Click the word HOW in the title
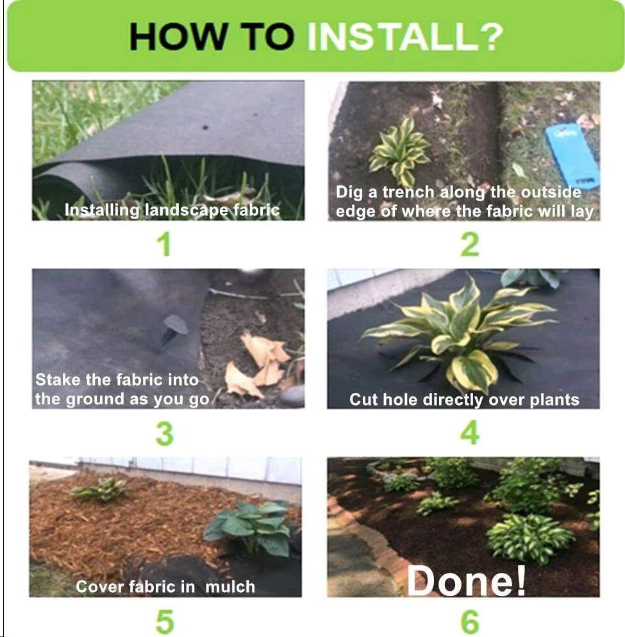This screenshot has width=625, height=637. pos(177,37)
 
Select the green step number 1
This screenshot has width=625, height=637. pos(164,245)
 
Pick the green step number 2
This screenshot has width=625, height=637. pos(470,245)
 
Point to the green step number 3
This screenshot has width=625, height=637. pos(165,434)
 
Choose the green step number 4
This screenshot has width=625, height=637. pos(470,433)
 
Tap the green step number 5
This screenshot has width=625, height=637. pos(165,622)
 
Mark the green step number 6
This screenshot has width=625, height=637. pos(470,622)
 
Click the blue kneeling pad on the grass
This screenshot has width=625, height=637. pos(572,156)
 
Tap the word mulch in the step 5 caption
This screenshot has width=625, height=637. pos(230,586)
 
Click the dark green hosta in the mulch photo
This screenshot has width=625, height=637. pos(249,527)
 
